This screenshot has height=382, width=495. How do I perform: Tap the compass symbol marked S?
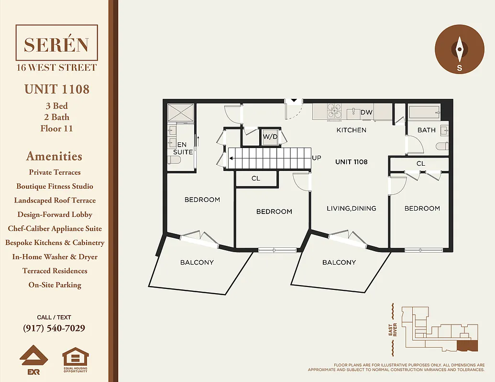[x=459, y=50]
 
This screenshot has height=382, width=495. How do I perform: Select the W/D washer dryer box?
[x=270, y=137]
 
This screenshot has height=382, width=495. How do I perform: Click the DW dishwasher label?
[x=366, y=113]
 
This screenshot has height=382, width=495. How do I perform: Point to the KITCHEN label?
[x=351, y=130]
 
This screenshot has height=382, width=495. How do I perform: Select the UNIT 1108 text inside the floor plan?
[x=351, y=162]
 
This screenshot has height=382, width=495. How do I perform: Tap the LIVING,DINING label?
[x=351, y=208]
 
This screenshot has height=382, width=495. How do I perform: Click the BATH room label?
[x=426, y=130]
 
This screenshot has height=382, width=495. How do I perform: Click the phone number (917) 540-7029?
[x=54, y=329]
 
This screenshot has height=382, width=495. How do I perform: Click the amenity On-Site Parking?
[x=55, y=285]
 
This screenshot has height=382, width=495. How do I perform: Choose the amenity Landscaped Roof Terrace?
[x=55, y=201]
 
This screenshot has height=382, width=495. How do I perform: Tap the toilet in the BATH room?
[x=443, y=146]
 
